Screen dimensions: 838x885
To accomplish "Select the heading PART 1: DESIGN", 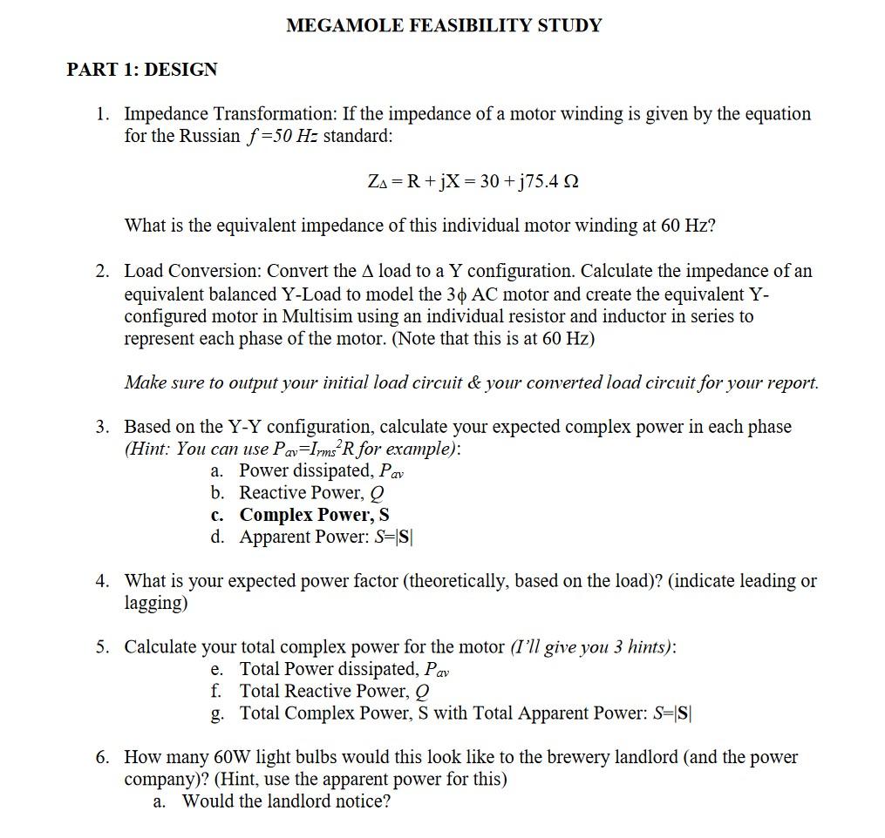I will click(x=142, y=70).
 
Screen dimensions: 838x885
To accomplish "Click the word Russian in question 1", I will click(x=209, y=136).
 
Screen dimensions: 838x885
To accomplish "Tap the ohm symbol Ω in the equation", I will click(x=573, y=182).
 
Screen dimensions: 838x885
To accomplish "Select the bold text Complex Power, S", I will click(x=314, y=515).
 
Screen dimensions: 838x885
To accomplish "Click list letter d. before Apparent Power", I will click(x=218, y=537).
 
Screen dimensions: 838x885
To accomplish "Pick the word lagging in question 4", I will click(x=156, y=603).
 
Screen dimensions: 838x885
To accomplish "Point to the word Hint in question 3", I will click(x=150, y=449).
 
